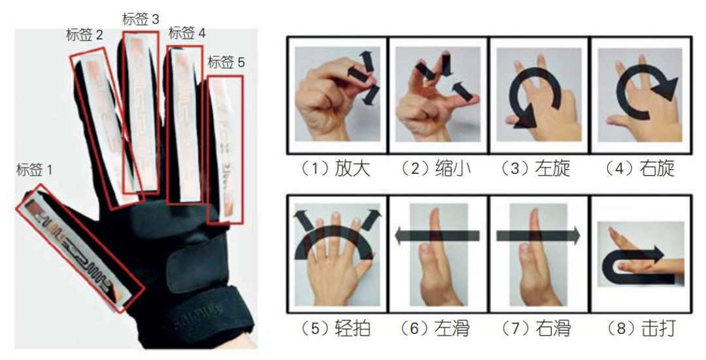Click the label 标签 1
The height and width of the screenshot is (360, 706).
(x=35, y=171)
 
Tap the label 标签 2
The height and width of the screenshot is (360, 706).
(x=84, y=35)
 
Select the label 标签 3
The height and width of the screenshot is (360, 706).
(x=141, y=19)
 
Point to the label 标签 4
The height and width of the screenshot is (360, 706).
(x=187, y=32)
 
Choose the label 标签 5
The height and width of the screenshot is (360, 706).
(x=226, y=63)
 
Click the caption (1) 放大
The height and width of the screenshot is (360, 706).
(x=335, y=169)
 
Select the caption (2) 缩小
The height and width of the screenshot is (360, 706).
(x=435, y=169)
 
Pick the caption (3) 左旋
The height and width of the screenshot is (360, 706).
(x=536, y=169)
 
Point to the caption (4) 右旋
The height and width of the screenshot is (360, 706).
(x=639, y=169)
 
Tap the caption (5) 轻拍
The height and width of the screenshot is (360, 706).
(x=335, y=328)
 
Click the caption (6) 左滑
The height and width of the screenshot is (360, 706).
(x=435, y=328)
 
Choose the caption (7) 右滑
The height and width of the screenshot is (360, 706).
(x=536, y=328)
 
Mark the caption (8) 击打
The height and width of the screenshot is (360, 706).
(x=639, y=328)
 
